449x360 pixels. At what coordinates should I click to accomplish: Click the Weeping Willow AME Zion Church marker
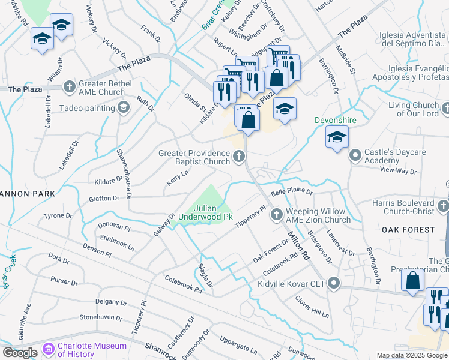click(277, 214)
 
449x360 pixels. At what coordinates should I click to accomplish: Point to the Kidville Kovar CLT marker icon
click(334, 283)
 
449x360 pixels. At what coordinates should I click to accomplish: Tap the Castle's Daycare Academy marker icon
click(355, 156)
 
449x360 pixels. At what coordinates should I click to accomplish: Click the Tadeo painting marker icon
click(124, 108)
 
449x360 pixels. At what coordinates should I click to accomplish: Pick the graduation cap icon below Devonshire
click(337, 137)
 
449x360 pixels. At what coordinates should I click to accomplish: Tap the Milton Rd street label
click(298, 246)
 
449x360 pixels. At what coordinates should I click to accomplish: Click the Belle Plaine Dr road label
click(292, 192)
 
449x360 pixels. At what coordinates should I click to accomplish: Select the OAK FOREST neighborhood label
click(408, 230)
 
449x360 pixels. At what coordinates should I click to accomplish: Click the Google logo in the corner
click(20, 352)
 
